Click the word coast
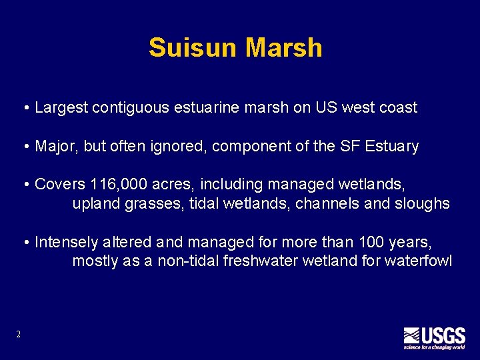[397, 107]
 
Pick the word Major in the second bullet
[55, 146]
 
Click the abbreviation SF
[351, 146]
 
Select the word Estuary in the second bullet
[392, 147]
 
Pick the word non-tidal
[187, 261]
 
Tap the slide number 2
[18, 334]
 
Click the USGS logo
[434, 337]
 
